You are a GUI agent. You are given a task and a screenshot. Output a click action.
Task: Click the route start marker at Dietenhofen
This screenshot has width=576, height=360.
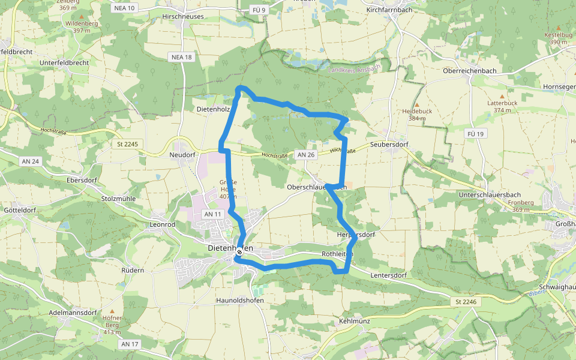(239, 252)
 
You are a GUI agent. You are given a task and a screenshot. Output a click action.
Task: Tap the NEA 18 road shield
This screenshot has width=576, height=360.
(181, 57)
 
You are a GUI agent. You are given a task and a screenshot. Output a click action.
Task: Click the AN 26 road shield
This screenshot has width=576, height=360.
(305, 155)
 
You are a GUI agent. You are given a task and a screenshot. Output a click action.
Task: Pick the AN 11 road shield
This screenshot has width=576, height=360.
(213, 214)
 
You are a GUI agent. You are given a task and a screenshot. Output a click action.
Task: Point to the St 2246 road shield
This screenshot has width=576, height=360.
(466, 301)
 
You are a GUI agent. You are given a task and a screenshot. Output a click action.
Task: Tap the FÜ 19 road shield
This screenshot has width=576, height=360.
(474, 134)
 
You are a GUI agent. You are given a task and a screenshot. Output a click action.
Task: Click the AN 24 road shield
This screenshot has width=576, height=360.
(30, 161)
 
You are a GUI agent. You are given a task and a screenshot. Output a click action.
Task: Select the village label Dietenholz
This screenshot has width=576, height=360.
(213, 110)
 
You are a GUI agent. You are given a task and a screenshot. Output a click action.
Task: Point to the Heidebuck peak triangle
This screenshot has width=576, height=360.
(418, 104)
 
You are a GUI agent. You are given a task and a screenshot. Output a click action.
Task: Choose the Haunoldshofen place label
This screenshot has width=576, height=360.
(240, 300)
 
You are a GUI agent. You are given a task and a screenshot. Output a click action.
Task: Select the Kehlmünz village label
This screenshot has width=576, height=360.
(354, 322)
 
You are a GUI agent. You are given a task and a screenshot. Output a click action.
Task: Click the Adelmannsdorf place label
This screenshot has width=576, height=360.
(73, 313)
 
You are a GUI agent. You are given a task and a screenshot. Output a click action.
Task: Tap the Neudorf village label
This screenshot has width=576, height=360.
(182, 155)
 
